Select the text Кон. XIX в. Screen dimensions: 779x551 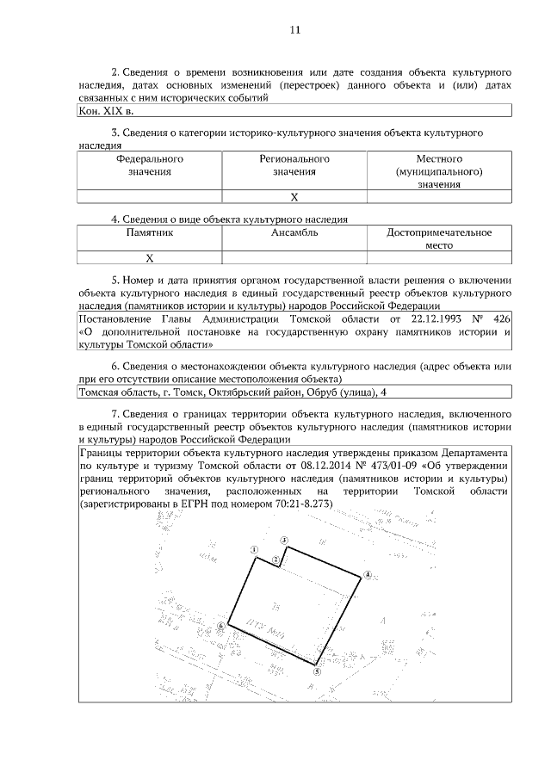[x=106, y=111]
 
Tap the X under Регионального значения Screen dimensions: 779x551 [x=294, y=197]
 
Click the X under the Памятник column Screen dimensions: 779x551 [x=149, y=257]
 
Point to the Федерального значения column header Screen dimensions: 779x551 [x=150, y=165]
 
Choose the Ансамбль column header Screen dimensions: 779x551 [x=294, y=232]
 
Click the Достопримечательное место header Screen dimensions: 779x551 [x=439, y=238]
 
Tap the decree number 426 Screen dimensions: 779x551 [x=502, y=320]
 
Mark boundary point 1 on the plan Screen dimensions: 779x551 [x=254, y=549]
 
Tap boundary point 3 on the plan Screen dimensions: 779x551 [x=284, y=540]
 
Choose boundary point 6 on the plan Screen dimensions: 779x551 [x=221, y=629]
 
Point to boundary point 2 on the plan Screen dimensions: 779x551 [x=275, y=560]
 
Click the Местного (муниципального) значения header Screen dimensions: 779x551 [x=439, y=171]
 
